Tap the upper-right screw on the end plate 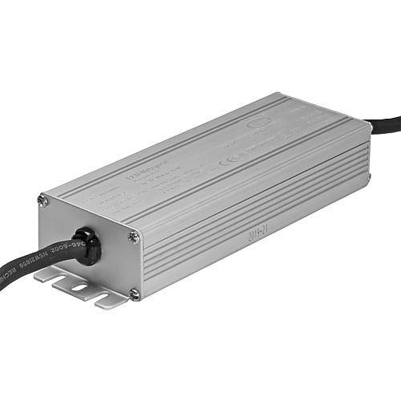[x=134, y=236]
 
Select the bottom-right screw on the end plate [x=134, y=294]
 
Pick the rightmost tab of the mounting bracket [x=107, y=302]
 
